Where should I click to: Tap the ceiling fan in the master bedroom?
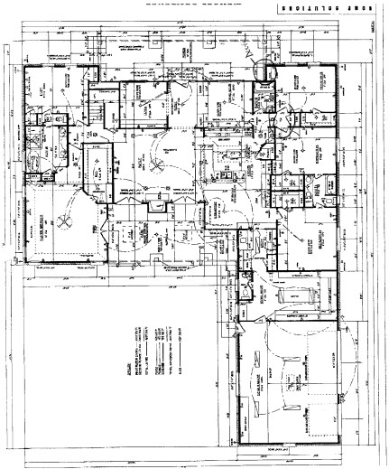tap(66, 221)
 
